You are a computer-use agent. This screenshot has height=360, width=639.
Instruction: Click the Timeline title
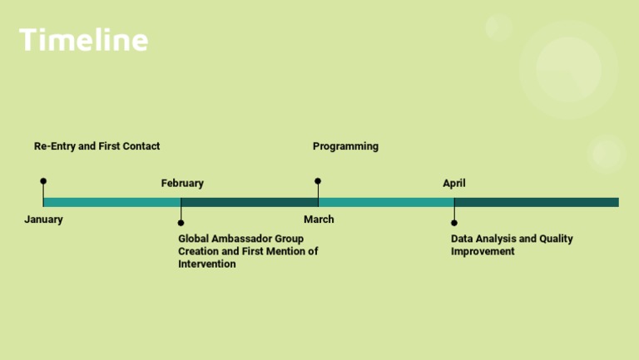(x=83, y=40)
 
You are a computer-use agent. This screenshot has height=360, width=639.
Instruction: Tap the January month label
(x=43, y=219)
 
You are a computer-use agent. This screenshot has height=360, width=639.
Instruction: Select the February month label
(x=182, y=183)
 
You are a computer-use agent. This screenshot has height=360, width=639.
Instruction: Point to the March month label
(x=319, y=219)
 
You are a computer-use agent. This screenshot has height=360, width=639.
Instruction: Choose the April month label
(x=454, y=183)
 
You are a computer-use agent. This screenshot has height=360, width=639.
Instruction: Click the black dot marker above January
(x=43, y=180)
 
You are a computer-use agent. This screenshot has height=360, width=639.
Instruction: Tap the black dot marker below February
(x=181, y=223)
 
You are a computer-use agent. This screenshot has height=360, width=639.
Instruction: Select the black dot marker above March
(x=318, y=180)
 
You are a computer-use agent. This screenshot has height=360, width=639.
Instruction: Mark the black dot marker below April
(x=454, y=223)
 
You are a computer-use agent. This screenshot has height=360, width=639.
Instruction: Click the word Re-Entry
(x=54, y=146)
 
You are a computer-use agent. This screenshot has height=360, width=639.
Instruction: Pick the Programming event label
(x=345, y=146)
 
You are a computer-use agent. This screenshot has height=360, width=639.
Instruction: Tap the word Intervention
(x=207, y=264)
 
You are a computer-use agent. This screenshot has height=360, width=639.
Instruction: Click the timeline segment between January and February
(x=111, y=202)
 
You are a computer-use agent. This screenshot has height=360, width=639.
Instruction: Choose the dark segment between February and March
(x=249, y=202)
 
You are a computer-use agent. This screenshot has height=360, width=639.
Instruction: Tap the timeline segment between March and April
(x=386, y=202)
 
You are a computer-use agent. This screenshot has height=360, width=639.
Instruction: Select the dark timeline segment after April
(x=537, y=202)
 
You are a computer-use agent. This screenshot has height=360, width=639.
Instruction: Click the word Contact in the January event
(x=141, y=146)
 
